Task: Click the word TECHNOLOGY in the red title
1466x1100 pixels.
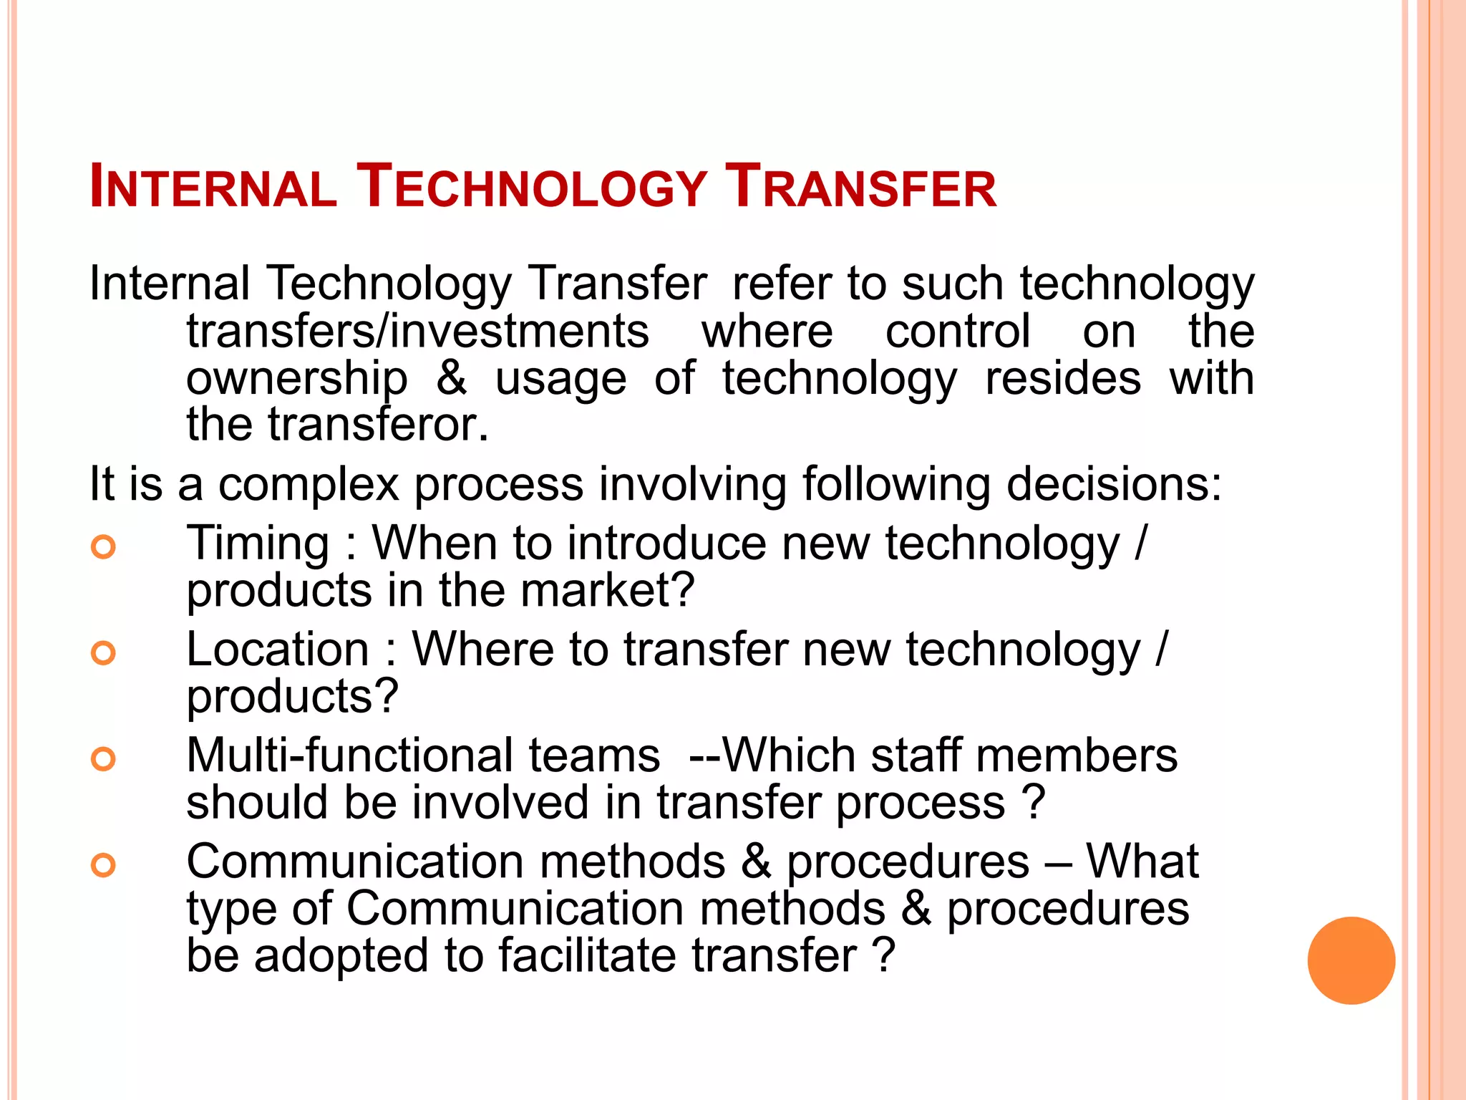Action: point(532,188)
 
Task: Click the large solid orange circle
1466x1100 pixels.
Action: point(1351,960)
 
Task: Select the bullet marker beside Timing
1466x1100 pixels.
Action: point(104,547)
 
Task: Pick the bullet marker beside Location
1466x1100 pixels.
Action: point(104,653)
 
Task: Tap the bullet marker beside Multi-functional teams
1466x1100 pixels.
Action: point(104,759)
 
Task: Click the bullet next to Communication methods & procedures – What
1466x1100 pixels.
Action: point(104,865)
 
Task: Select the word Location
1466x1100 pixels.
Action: point(278,650)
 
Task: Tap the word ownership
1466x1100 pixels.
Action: point(296,379)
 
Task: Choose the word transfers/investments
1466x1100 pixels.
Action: point(417,332)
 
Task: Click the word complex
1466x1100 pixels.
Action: point(309,485)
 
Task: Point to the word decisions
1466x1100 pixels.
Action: point(1114,485)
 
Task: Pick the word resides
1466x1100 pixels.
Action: point(1063,379)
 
